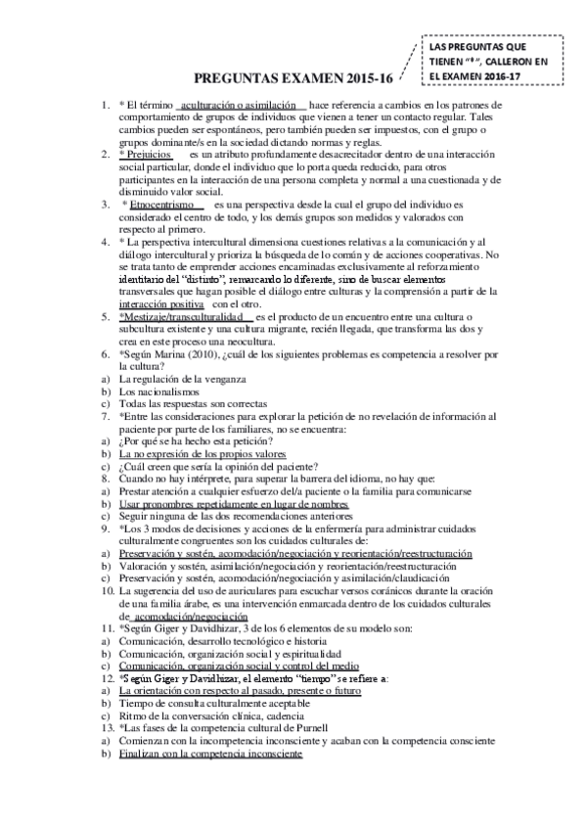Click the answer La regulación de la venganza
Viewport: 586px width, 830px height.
(x=182, y=379)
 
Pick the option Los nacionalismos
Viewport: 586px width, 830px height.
(x=158, y=392)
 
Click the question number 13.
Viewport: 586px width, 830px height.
(x=109, y=728)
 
